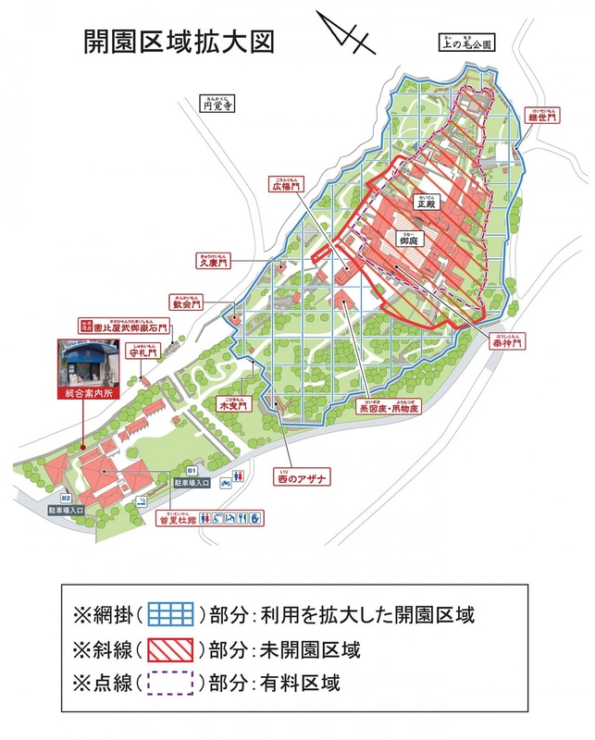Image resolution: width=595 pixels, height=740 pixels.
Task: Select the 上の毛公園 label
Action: [x=473, y=43]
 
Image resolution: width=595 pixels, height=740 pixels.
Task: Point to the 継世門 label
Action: [x=542, y=117]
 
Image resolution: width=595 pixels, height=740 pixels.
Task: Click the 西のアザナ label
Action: [x=304, y=477]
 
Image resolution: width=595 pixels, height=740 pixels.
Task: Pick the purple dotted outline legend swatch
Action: [x=167, y=683]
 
